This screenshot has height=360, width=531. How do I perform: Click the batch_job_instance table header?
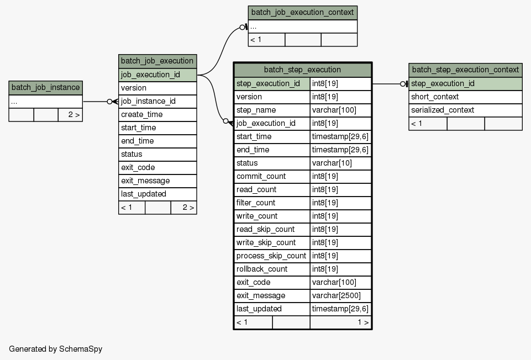pos(45,88)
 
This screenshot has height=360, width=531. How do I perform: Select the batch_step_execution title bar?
pos(303,70)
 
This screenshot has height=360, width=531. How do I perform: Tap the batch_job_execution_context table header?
pos(302,13)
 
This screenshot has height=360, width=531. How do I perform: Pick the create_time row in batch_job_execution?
pos(157,114)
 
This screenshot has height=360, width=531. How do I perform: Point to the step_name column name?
pos(256,110)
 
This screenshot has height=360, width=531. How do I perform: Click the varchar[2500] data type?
pos(337,295)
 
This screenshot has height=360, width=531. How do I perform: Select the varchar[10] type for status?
pos(332,163)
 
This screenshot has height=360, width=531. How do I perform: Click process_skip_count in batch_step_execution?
pos(271,256)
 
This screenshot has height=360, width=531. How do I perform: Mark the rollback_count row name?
pos(262,269)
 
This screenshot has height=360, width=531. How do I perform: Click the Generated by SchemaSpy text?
pos(56,349)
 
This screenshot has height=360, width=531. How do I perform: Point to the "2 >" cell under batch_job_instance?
pos(70,115)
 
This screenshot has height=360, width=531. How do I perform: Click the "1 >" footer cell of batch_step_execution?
pos(341,322)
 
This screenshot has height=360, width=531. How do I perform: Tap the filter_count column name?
pos(256,203)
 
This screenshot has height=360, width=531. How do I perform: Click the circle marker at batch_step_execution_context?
pos(403,84)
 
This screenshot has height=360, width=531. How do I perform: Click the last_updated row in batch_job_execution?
pos(157,194)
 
